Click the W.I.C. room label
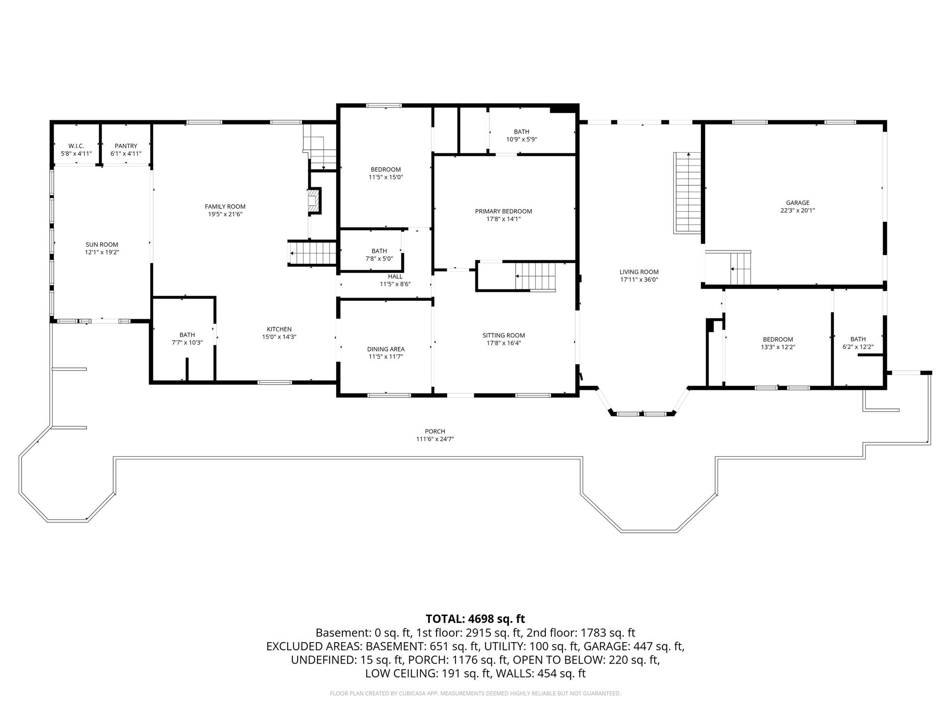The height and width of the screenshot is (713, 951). click(76, 146)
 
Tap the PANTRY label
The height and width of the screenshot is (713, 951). click(126, 146)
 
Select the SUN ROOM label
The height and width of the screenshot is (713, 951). click(102, 245)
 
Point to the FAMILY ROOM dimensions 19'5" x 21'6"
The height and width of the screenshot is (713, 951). click(225, 214)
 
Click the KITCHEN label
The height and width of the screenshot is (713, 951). click(279, 329)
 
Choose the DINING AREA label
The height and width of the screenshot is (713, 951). click(386, 349)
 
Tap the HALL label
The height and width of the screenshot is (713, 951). click(395, 277)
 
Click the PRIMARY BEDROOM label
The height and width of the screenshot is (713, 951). click(504, 212)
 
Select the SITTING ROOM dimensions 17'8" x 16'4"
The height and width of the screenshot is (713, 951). click(504, 343)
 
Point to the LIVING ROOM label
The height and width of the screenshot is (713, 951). click(639, 272)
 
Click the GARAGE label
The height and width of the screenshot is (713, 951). click(797, 203)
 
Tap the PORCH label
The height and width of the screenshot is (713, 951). click(435, 432)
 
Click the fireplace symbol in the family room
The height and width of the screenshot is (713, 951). click(314, 201)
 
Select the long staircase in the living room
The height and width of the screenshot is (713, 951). click(688, 193)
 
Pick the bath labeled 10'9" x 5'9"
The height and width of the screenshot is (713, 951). click(521, 135)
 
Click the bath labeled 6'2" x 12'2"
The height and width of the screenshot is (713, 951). click(858, 343)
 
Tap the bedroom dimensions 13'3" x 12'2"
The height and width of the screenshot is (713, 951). click(778, 347)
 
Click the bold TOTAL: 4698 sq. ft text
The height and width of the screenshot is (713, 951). click(475, 619)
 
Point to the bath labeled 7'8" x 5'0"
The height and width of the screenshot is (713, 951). click(379, 255)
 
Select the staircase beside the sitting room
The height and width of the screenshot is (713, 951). click(536, 276)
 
